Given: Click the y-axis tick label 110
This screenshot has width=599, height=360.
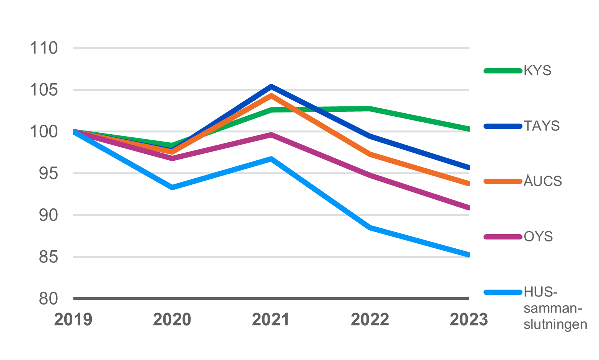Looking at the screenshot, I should pos(44,48).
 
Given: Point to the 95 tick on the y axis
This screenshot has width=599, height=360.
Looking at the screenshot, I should pos(48,173).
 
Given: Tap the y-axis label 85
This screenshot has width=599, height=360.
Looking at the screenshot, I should pos(48,257).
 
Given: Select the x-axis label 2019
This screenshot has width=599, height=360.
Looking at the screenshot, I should pos(73,319).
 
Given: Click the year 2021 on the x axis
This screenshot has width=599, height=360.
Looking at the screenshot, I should pos(271,319).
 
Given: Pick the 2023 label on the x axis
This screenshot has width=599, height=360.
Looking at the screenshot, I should pos(469,319).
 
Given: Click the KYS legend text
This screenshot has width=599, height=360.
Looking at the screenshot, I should pos(537,71).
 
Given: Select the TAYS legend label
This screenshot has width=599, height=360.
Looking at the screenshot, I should pos(542,126).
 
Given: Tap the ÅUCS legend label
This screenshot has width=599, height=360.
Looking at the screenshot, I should pos(543,181).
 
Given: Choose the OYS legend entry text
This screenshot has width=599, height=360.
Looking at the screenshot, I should pos(538,237).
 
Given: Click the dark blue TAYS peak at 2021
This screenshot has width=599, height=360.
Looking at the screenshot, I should pos(271,86).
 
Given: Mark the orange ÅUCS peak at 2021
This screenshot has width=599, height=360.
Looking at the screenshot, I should pos(271,95).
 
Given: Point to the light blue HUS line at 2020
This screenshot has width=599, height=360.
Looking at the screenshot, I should pos(172,187).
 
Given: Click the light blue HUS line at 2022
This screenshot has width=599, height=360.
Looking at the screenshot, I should pos(370,228).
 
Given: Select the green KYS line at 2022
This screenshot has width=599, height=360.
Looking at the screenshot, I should pos(370,109).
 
